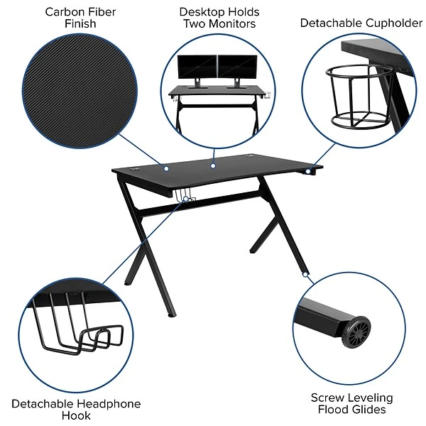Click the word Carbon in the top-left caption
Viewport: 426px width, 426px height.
coord(61,12)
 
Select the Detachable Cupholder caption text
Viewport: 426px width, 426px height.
coord(361,23)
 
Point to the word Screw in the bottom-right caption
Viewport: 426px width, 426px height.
coord(328,398)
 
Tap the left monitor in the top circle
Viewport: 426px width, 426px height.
coord(196,67)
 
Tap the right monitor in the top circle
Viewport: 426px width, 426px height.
coord(237,67)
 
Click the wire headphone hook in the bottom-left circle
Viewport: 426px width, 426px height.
coord(78,330)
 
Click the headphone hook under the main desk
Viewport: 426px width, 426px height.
coord(186,198)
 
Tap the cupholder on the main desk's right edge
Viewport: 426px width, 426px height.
coord(311,170)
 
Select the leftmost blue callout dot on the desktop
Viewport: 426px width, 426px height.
coord(166,168)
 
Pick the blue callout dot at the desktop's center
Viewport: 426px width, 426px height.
coord(212,165)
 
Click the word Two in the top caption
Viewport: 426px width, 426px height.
coord(199,24)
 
